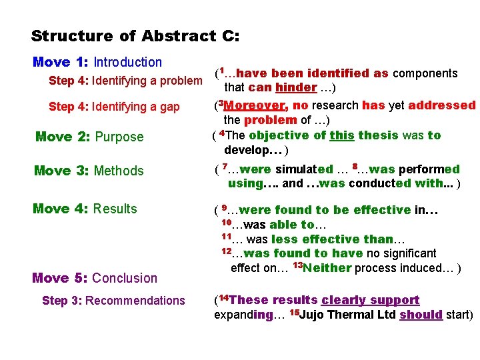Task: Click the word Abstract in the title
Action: (173, 36)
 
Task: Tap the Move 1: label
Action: (61, 62)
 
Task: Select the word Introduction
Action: (127, 62)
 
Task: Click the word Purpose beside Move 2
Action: (119, 137)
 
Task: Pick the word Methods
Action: (119, 171)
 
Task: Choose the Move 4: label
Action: (61, 209)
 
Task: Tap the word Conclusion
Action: (125, 278)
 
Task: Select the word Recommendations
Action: (135, 301)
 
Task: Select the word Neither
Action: (327, 268)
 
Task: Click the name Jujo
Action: (315, 315)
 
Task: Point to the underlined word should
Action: (421, 315)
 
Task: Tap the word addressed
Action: (442, 105)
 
